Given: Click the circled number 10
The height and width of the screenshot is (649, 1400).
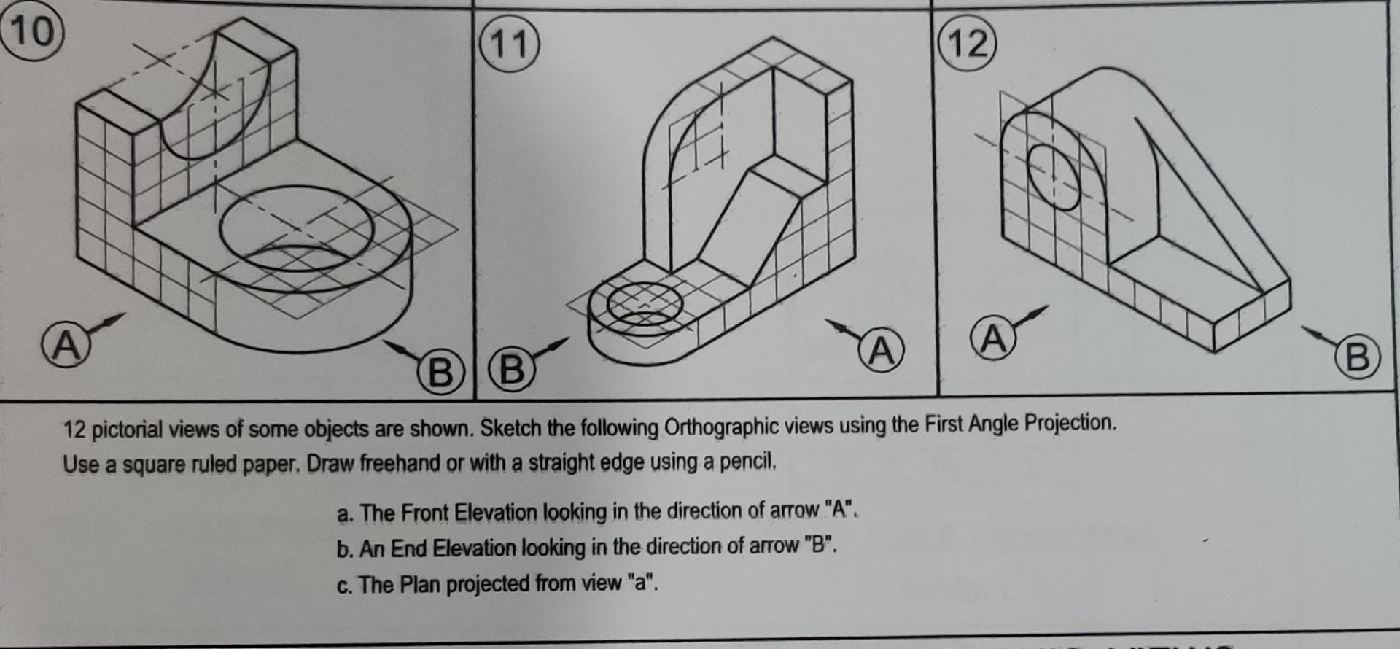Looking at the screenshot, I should [32, 31].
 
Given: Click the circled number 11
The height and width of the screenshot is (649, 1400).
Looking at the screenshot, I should [509, 44].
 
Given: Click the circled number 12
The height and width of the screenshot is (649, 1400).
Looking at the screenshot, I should [968, 43].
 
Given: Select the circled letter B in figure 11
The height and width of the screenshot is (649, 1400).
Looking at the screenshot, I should [512, 368].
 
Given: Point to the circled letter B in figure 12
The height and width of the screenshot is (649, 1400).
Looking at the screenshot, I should [1357, 357].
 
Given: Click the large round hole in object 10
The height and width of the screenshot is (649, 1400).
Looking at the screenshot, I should [295, 228].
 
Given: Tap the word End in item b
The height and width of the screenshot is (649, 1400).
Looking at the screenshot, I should [408, 548].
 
